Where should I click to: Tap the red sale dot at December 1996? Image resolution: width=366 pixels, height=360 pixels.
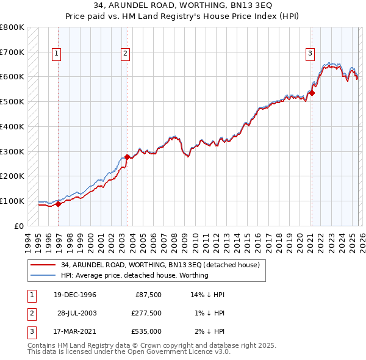click(x=59, y=204)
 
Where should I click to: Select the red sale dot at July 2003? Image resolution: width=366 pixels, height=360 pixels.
click(x=127, y=157)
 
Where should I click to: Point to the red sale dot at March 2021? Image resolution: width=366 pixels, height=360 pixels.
click(x=311, y=93)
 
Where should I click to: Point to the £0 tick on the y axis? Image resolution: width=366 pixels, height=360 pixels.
click(x=19, y=226)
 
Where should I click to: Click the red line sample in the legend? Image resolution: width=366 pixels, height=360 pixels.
click(x=43, y=265)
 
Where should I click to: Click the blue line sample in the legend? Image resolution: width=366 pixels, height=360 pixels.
click(x=43, y=275)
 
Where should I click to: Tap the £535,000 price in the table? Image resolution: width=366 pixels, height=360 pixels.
click(x=146, y=331)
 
